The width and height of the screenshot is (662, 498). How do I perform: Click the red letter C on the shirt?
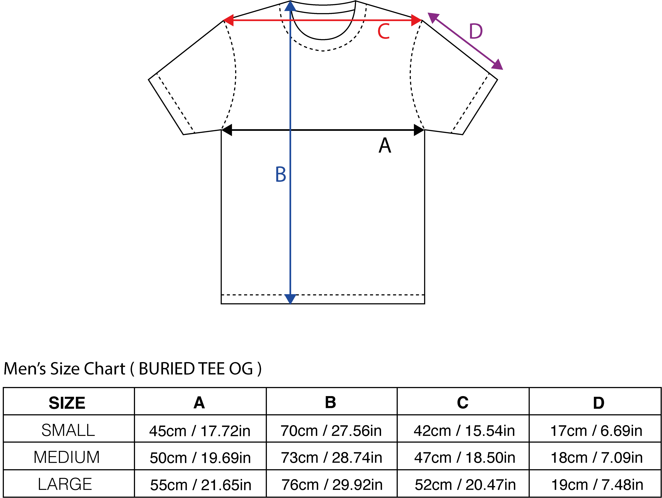pyautogui.click(x=384, y=31)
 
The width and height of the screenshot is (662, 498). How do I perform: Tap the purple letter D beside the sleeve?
pyautogui.click(x=476, y=31)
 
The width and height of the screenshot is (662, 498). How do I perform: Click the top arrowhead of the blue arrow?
pyautogui.click(x=290, y=6)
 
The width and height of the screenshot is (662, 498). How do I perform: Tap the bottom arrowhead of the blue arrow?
pyautogui.click(x=290, y=299)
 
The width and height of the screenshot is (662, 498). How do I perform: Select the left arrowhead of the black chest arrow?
pyautogui.click(x=227, y=130)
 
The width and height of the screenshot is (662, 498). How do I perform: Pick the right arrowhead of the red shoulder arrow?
pyautogui.click(x=417, y=20)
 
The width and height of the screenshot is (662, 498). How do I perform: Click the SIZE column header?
pyautogui.click(x=67, y=403)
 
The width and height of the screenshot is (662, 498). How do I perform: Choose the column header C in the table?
pyautogui.click(x=463, y=403)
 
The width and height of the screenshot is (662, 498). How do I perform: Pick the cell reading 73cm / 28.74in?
pyautogui.click(x=332, y=458)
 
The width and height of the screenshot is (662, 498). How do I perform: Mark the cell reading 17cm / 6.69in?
pyautogui.click(x=596, y=431)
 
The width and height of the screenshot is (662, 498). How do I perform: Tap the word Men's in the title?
pyautogui.click(x=25, y=369)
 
